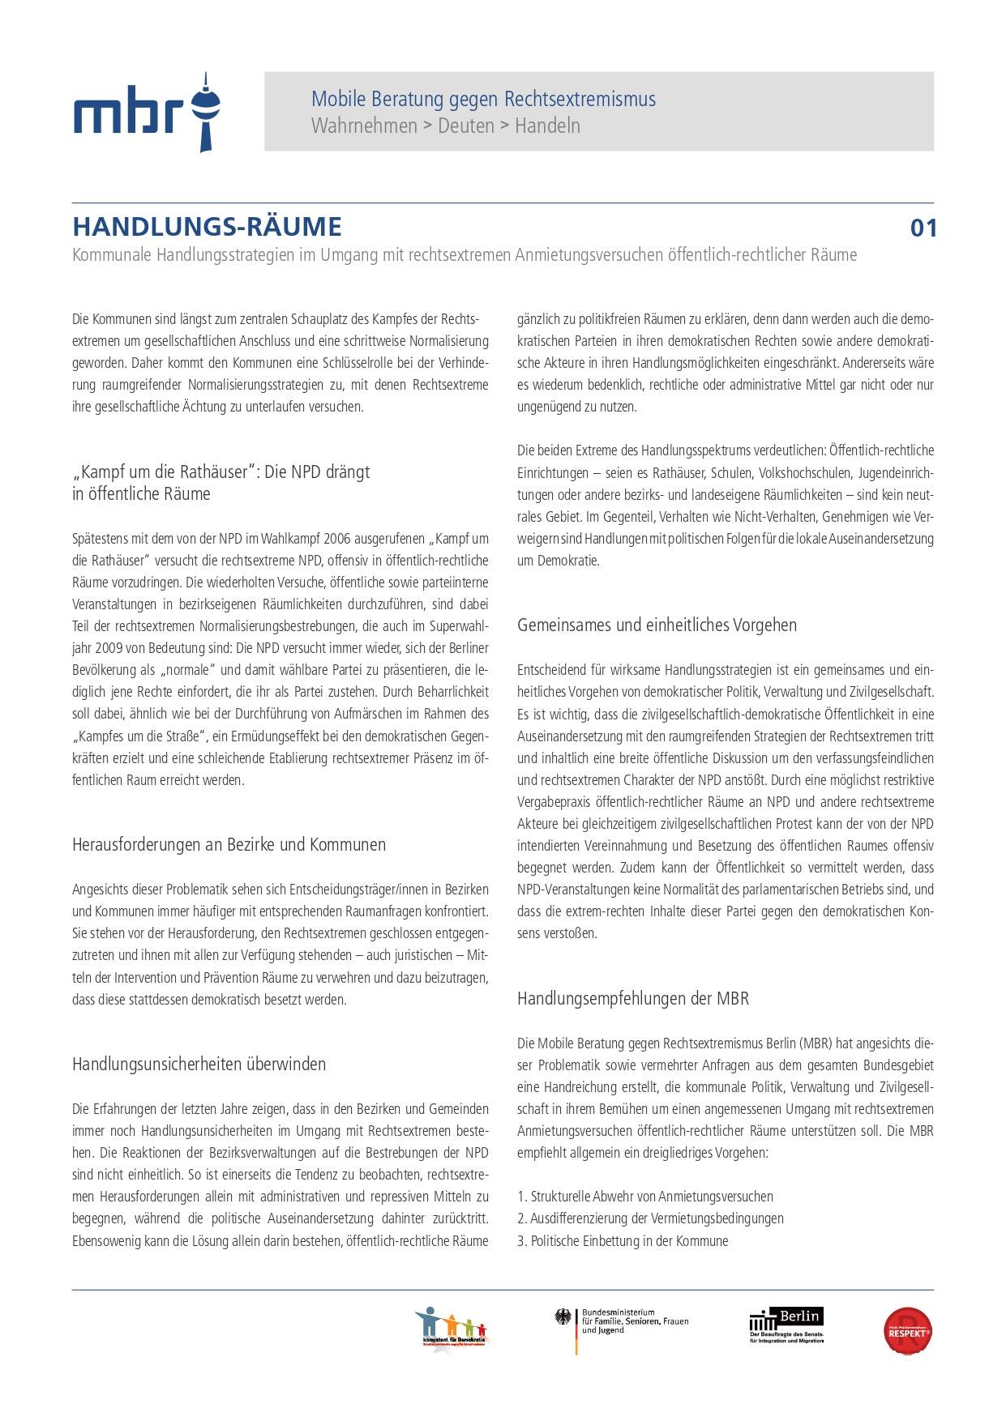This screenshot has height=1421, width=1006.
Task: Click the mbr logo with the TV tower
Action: [x=147, y=113]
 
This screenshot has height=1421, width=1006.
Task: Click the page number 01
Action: [x=923, y=228]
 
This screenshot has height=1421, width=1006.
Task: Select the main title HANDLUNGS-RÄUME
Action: [x=207, y=227]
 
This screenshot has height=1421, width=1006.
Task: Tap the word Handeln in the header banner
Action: [x=547, y=126]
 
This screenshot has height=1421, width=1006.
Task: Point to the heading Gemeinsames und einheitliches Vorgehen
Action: [x=657, y=625]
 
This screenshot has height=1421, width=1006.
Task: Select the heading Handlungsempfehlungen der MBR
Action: [x=632, y=999]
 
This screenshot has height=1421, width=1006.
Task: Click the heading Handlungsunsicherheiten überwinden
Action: [x=199, y=1065]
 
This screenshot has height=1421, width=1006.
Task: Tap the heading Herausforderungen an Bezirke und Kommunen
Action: [x=229, y=845]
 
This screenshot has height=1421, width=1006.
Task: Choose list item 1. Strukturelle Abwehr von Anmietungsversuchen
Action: [x=645, y=1197]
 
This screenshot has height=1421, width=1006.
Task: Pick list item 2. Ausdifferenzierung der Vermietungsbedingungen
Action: [x=650, y=1218]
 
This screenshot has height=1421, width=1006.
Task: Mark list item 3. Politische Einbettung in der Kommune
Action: [x=623, y=1241]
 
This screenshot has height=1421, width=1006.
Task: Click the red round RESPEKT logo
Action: [x=907, y=1331]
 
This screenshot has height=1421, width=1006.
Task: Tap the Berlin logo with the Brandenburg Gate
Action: [x=786, y=1325]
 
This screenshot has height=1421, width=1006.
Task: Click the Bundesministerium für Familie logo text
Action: [x=634, y=1321]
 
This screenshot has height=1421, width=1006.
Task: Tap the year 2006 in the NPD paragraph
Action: [x=339, y=539]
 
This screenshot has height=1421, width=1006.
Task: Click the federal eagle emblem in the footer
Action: [x=563, y=1317]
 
